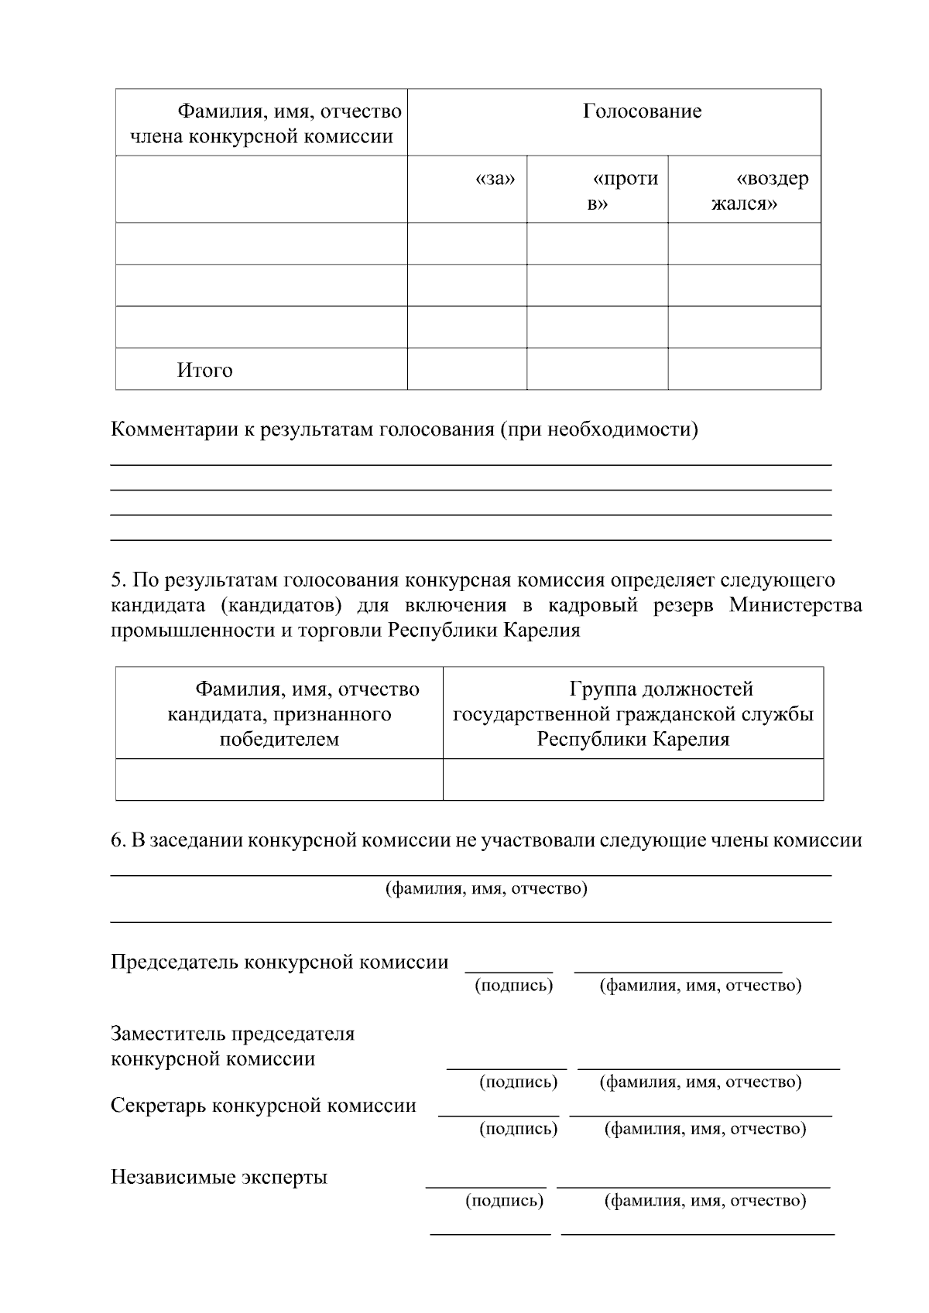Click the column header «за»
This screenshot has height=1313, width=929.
(x=495, y=180)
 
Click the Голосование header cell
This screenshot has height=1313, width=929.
(x=642, y=111)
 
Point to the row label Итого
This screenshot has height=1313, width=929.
(x=204, y=370)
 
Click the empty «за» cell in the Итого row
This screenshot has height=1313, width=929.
(x=467, y=369)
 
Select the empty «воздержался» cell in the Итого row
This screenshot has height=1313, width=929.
(x=744, y=369)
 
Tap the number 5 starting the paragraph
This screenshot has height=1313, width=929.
(x=117, y=580)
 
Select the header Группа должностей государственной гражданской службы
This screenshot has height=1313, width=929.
(x=632, y=713)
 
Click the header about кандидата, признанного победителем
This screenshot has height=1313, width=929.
(x=279, y=713)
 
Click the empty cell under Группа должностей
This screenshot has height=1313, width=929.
(x=632, y=779)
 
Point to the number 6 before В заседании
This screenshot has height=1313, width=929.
(x=117, y=840)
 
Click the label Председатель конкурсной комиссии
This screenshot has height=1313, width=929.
(x=279, y=962)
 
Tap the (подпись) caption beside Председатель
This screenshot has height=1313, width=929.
(x=513, y=985)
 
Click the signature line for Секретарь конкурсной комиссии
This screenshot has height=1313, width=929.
(x=498, y=1115)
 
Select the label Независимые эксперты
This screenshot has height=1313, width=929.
(x=219, y=1177)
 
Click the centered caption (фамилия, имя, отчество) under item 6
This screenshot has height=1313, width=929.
(x=486, y=888)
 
